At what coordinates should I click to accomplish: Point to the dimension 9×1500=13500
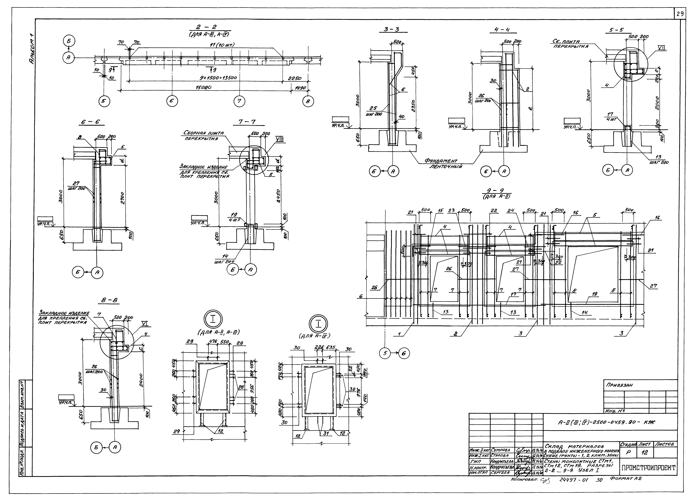[x=218, y=78]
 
